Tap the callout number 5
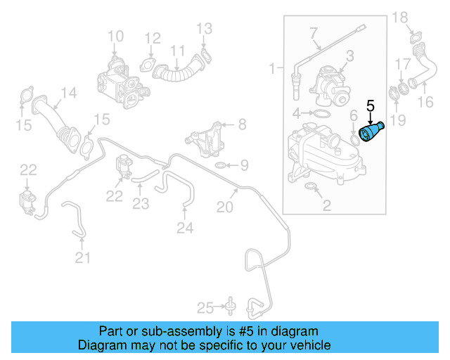(x=371, y=108)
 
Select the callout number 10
(x=115, y=36)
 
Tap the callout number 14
(x=68, y=93)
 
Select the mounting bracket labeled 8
(x=203, y=139)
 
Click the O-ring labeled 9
(x=220, y=166)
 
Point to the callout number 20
(x=224, y=207)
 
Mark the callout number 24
(x=184, y=227)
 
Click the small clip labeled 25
(x=229, y=306)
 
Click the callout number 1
(x=273, y=69)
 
